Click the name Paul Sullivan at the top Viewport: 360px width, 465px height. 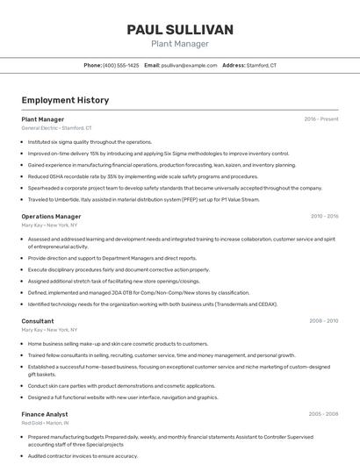point(180,30)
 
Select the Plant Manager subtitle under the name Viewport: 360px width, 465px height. point(180,44)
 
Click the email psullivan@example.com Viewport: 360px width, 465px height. point(189,66)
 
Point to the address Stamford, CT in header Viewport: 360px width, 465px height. point(262,66)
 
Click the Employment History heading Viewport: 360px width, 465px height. point(65,101)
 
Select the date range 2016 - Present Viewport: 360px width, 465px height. point(320,118)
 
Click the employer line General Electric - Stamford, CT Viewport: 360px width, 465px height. point(56,128)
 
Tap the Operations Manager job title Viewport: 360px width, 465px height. point(51,216)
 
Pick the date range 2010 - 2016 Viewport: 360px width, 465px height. point(323,216)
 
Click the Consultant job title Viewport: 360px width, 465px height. point(38,321)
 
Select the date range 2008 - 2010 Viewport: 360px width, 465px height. point(323,321)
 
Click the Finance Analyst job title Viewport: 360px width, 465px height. point(45,413)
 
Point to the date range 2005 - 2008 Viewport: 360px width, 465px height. point(323,413)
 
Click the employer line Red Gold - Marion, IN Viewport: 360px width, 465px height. point(46,423)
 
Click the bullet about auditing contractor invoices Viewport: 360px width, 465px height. point(83,456)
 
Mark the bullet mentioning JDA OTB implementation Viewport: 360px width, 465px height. point(139,293)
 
